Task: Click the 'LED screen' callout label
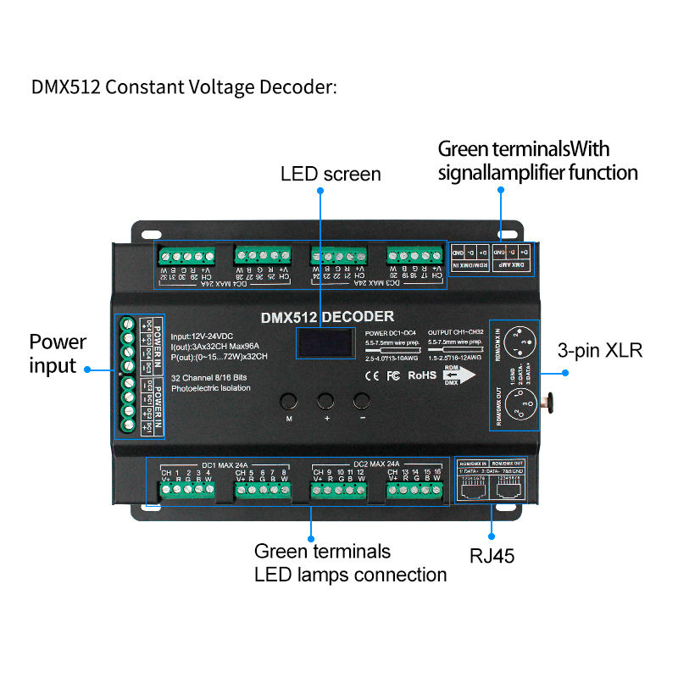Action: (x=331, y=175)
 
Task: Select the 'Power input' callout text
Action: (x=58, y=354)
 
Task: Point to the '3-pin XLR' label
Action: (x=600, y=351)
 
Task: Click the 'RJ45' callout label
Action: (x=492, y=556)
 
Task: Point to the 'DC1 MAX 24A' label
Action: (x=224, y=464)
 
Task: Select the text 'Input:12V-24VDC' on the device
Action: (x=207, y=336)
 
